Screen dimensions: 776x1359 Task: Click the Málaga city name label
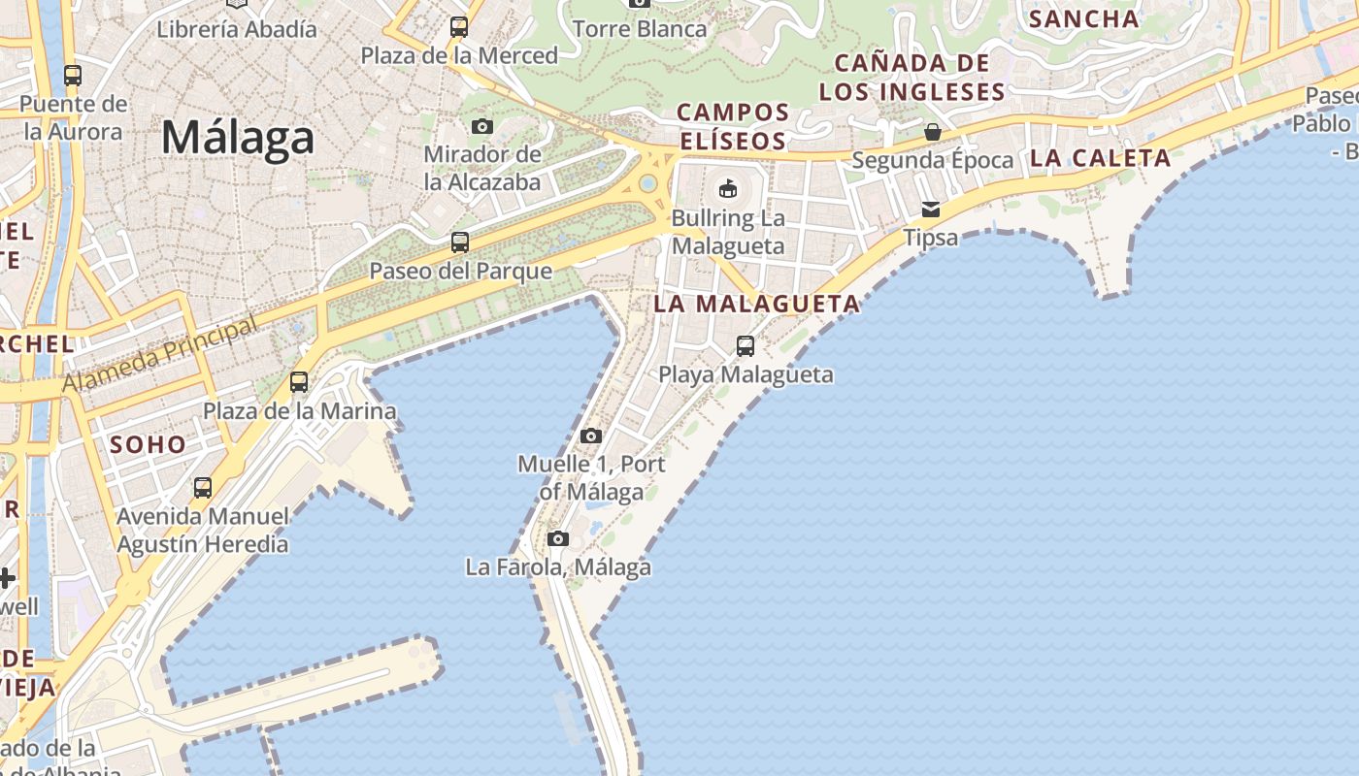(x=238, y=138)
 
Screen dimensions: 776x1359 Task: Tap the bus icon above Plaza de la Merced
(x=459, y=27)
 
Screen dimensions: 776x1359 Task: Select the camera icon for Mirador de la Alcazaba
(x=481, y=126)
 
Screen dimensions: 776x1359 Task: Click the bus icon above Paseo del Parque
(x=460, y=242)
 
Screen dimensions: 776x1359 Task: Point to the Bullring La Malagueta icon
(x=727, y=187)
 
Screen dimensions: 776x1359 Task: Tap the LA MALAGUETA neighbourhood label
(x=757, y=304)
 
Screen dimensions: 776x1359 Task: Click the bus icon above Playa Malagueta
(x=746, y=345)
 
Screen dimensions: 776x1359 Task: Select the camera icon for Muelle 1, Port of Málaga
(x=591, y=436)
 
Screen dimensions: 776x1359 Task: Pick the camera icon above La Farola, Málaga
(x=557, y=538)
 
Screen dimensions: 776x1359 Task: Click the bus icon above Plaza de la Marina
(x=299, y=382)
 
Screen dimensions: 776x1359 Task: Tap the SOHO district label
(x=148, y=444)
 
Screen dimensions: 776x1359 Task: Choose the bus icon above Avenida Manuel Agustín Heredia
(x=203, y=487)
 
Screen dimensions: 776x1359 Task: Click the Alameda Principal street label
(x=161, y=355)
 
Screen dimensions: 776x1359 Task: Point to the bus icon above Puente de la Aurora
(x=72, y=75)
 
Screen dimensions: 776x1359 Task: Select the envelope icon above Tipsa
(x=931, y=209)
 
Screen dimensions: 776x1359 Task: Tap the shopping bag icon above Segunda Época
(x=933, y=131)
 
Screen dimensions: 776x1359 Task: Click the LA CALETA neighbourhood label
(x=1100, y=158)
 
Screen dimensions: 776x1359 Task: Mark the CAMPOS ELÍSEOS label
(x=733, y=126)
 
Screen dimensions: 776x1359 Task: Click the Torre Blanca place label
(x=640, y=29)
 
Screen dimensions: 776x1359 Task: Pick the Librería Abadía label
(x=237, y=29)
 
